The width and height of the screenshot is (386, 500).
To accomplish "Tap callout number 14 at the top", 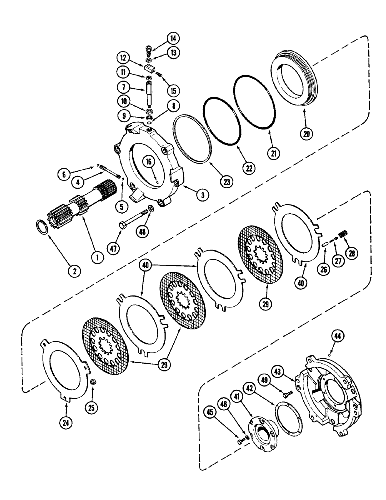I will pos(160,38).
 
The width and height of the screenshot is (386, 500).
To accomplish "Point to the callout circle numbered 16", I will pos(149,161).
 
